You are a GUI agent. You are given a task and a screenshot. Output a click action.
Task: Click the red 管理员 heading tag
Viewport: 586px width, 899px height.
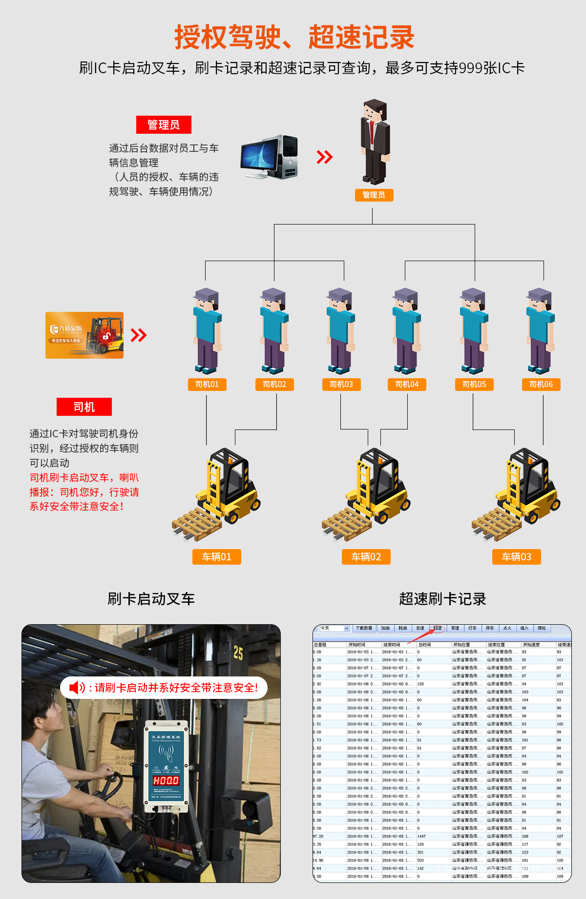click(x=164, y=125)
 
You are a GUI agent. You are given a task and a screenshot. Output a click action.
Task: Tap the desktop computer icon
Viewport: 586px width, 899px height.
click(x=269, y=157)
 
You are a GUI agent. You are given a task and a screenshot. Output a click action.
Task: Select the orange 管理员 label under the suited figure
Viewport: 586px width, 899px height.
click(x=374, y=195)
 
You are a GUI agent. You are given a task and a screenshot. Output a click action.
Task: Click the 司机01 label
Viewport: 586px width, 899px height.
click(x=207, y=385)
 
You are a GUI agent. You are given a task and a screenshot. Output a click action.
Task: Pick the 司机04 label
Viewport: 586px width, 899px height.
click(x=407, y=385)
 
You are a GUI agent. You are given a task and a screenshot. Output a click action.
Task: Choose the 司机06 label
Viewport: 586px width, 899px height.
click(x=541, y=385)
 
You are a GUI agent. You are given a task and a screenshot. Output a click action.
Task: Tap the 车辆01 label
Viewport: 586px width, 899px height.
click(x=217, y=557)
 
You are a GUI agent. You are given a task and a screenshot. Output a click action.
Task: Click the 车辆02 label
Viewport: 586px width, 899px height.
click(x=366, y=557)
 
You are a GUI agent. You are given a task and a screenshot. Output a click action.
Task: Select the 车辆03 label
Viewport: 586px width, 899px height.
click(x=516, y=557)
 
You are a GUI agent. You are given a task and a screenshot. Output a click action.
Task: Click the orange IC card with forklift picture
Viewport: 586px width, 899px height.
click(x=84, y=335)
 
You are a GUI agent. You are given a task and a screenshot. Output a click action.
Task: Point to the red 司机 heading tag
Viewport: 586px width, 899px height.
click(x=84, y=407)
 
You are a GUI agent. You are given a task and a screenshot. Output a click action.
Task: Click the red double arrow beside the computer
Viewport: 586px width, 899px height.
click(x=325, y=157)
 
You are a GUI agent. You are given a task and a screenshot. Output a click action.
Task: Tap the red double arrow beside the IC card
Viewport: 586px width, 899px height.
click(x=139, y=335)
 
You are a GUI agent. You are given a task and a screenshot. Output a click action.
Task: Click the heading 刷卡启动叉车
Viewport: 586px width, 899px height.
click(x=151, y=599)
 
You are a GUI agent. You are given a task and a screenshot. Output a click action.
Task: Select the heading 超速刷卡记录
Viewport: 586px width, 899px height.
click(x=442, y=599)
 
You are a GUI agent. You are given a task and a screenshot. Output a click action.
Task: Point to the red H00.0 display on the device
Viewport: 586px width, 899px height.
click(x=166, y=781)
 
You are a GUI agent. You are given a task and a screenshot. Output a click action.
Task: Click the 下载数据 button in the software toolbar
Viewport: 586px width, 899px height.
click(x=364, y=628)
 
